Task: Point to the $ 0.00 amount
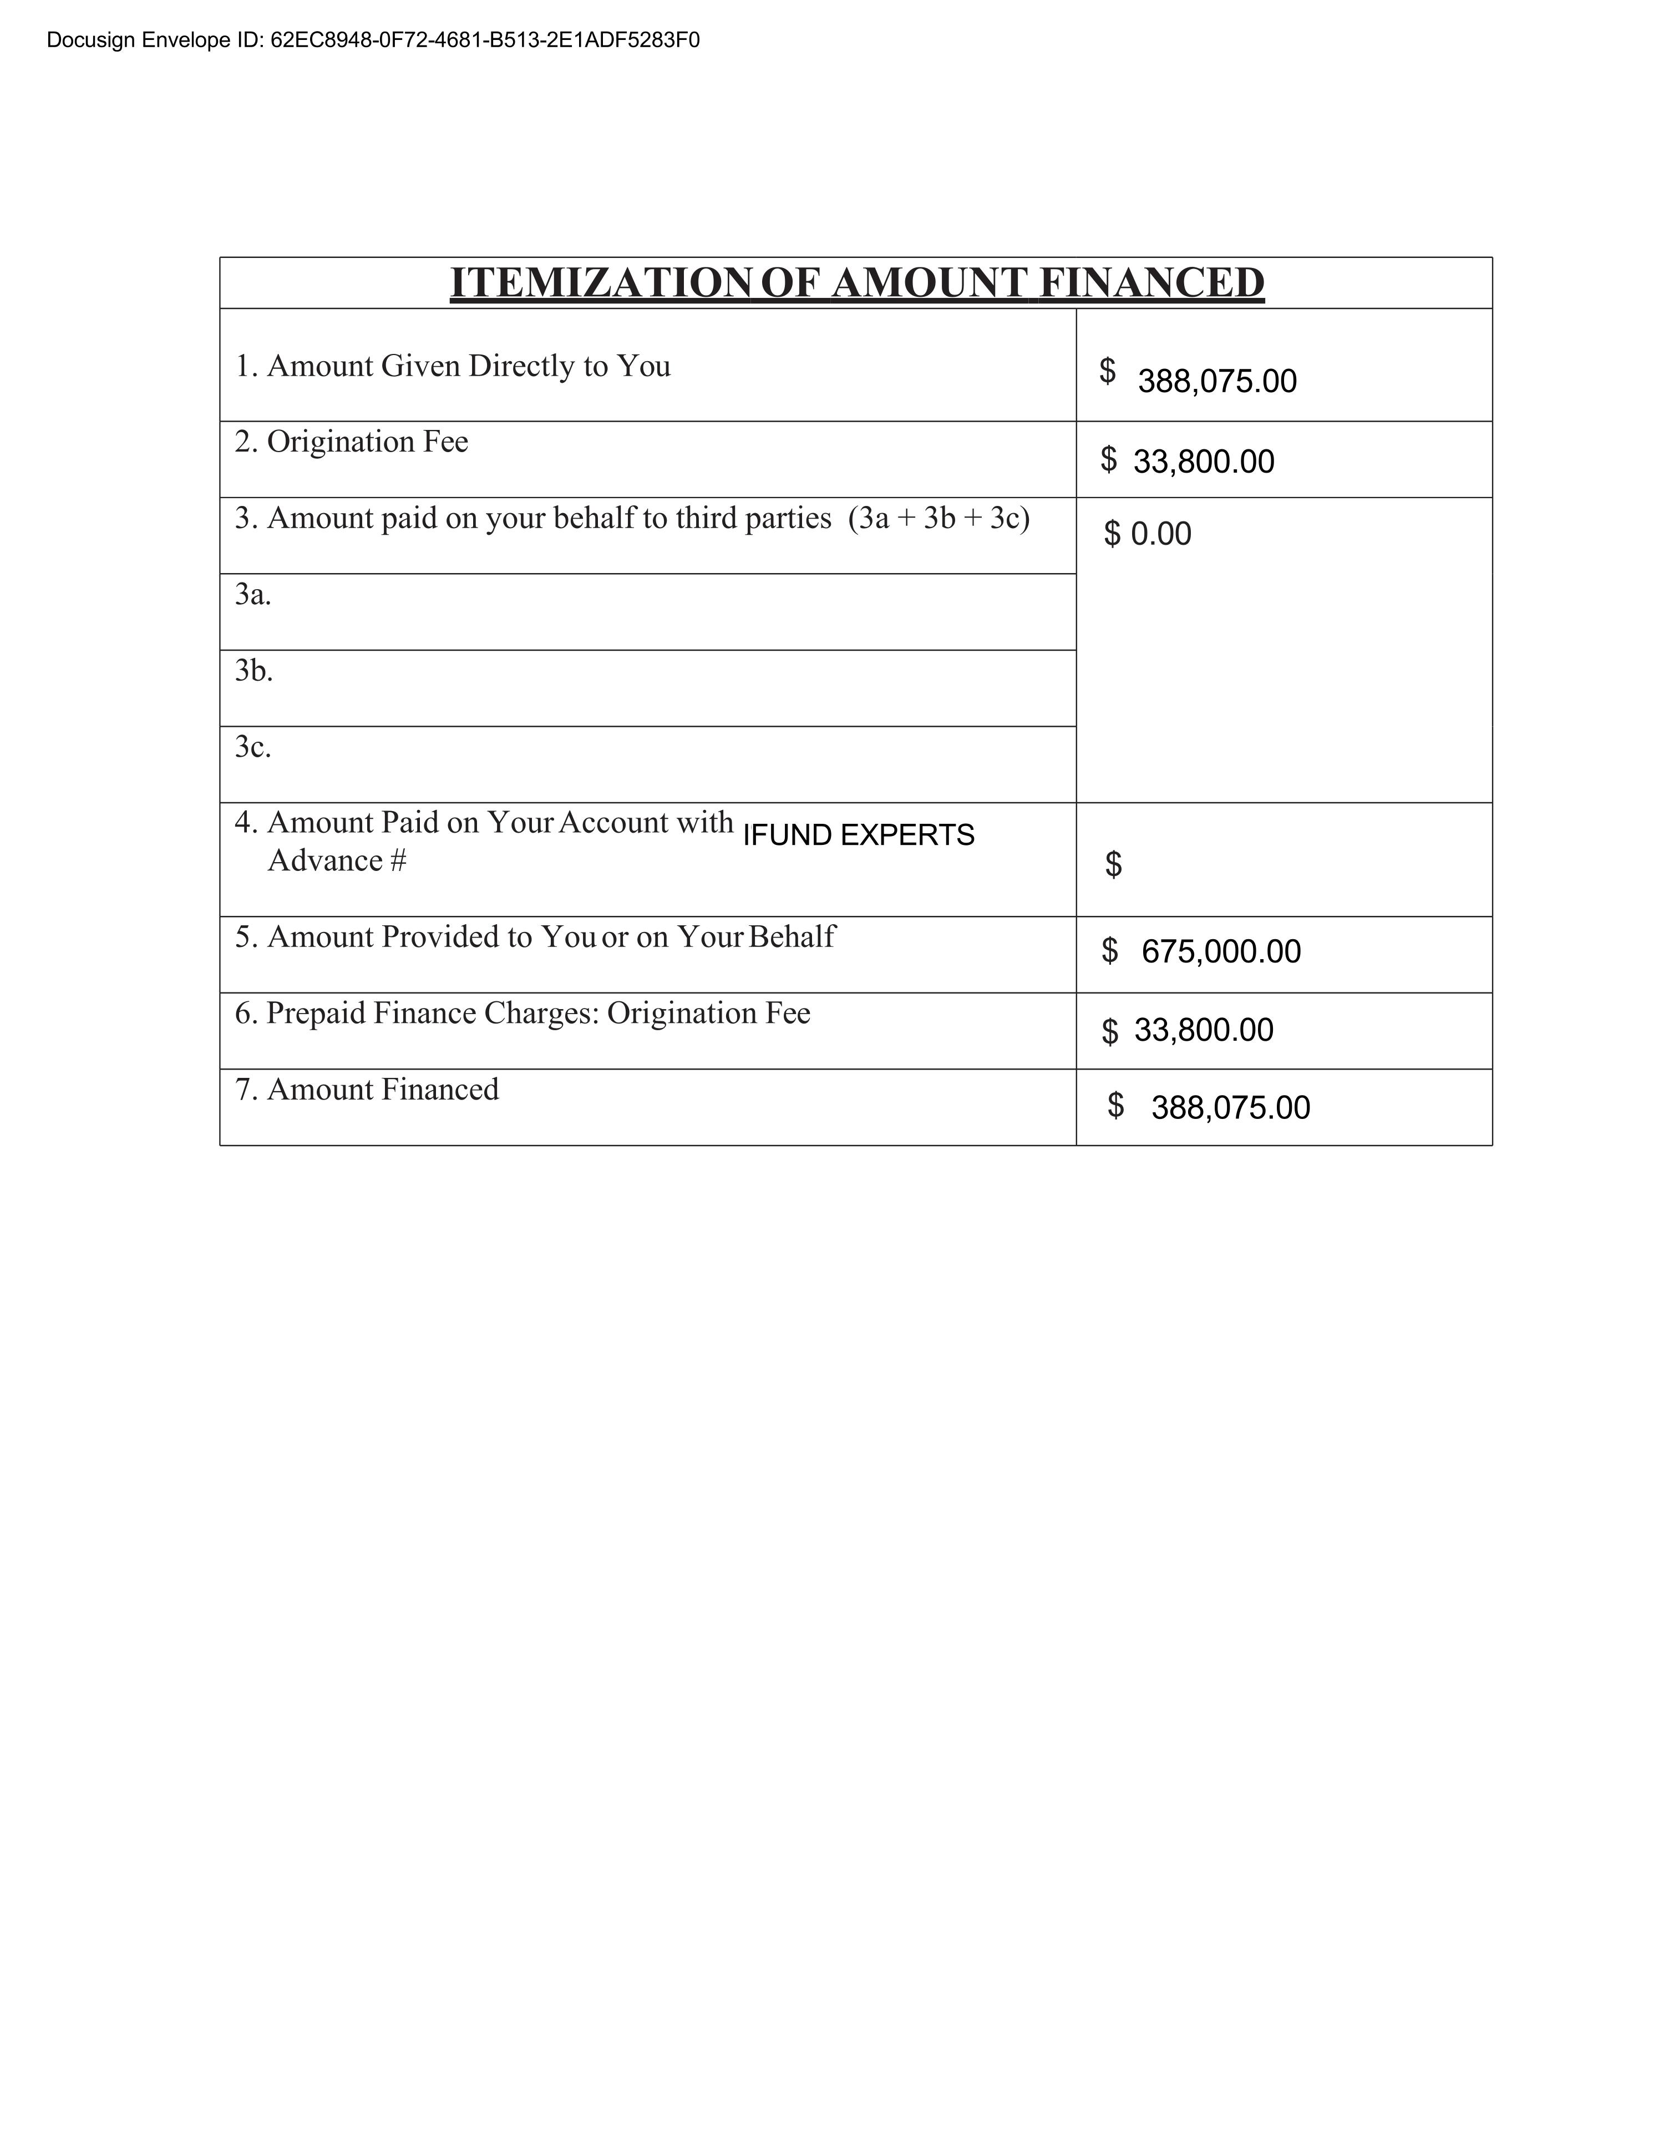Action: pos(1148,534)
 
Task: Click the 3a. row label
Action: pos(252,595)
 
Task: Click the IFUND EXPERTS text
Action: pos(858,835)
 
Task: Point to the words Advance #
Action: pos(336,860)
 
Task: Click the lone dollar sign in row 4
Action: pos(1113,864)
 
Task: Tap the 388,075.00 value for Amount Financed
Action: pos(1230,1108)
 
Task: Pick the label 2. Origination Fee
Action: pos(351,442)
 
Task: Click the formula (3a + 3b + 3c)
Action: pos(938,519)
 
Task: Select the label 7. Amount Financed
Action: pos(367,1090)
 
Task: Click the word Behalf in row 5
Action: pos(792,936)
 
